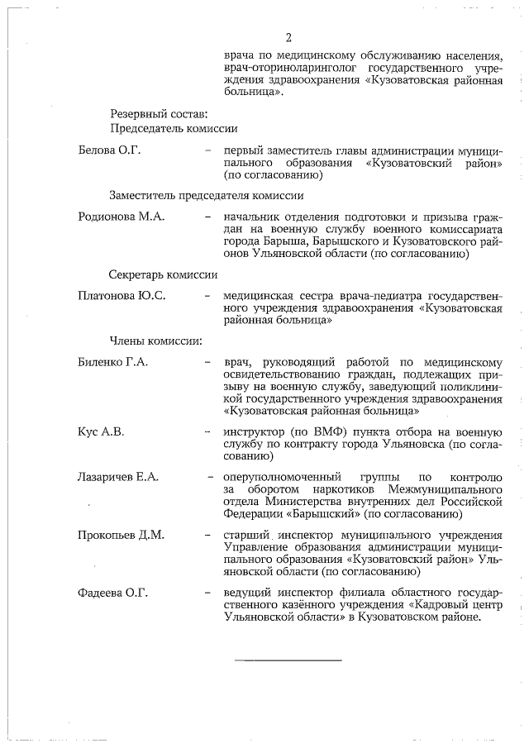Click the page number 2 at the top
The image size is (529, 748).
point(288,37)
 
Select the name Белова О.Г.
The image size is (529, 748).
point(109,150)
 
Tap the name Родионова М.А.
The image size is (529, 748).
point(121,217)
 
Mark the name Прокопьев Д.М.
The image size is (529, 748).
point(121,535)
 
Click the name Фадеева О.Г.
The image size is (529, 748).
point(111,593)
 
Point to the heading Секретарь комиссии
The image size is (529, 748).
point(163,274)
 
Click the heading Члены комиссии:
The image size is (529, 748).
point(155,340)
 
